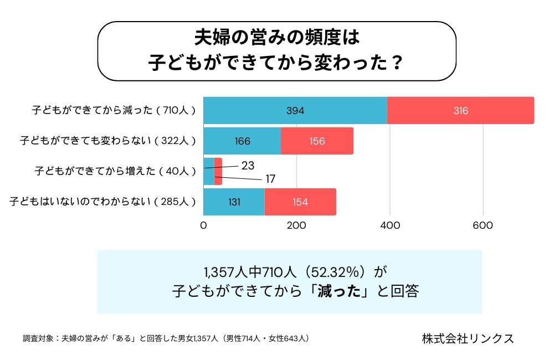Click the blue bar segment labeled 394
tap(295, 110)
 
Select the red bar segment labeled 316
tap(460, 110)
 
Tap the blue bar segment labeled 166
tap(242, 141)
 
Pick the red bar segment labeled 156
tap(317, 141)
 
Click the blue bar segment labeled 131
tap(234, 202)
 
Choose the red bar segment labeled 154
tap(300, 202)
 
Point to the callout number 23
tap(248, 164)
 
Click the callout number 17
tap(270, 179)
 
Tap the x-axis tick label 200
tap(297, 225)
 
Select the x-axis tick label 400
tap(390, 225)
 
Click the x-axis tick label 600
tap(483, 225)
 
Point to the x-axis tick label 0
tap(203, 225)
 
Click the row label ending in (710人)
tap(114, 110)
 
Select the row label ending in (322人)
tap(108, 141)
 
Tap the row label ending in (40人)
tap(115, 171)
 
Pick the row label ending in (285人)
tap(103, 202)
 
